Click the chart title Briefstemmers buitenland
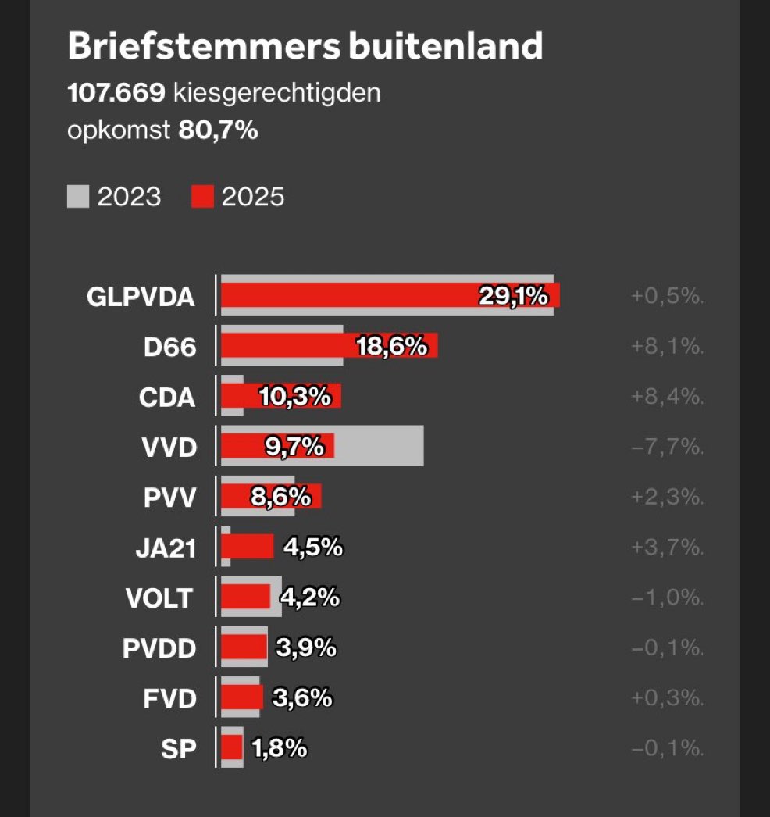[x=305, y=47]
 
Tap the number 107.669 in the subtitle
[x=116, y=94]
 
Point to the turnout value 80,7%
[x=218, y=130]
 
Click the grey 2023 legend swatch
[x=78, y=197]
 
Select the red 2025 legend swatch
[x=202, y=197]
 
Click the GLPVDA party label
[x=141, y=297]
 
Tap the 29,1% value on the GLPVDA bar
[x=513, y=296]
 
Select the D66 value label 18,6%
[x=392, y=346]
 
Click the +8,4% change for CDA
[x=666, y=397]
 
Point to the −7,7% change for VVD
[x=666, y=447]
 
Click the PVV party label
[x=169, y=497]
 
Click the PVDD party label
[x=159, y=648]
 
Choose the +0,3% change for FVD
[x=666, y=697]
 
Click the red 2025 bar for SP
[x=232, y=747]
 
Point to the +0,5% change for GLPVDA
[x=666, y=296]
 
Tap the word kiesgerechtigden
[x=276, y=94]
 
